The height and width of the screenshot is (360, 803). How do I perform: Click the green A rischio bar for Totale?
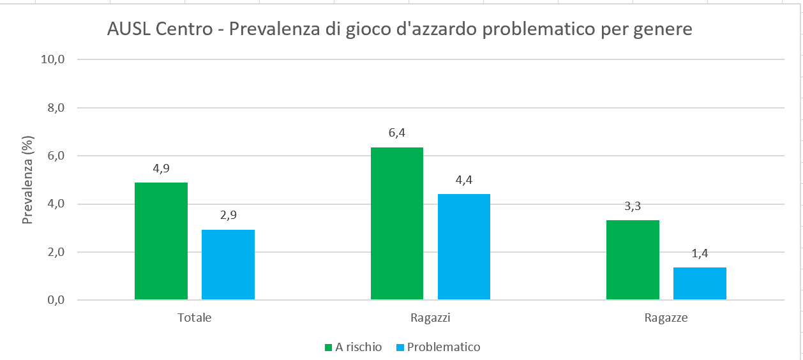[161, 241]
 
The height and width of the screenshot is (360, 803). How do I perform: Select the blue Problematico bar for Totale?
[228, 265]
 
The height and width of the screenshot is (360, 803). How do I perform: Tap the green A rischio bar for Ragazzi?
[396, 223]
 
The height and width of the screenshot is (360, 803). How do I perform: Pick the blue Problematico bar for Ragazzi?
[463, 247]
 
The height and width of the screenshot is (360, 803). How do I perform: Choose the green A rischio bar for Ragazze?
[633, 260]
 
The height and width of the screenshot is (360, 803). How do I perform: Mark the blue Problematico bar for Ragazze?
[700, 283]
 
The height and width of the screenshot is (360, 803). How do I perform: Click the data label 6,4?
[397, 133]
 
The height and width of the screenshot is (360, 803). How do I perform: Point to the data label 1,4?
[700, 253]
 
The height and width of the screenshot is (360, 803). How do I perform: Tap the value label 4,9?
[161, 169]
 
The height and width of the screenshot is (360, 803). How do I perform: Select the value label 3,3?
[633, 206]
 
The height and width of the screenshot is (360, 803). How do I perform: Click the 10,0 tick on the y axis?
[54, 60]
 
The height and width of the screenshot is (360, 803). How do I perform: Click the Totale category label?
[194, 317]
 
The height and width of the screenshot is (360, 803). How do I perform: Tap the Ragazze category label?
[666, 317]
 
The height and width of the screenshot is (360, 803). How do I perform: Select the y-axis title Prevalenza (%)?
[27, 179]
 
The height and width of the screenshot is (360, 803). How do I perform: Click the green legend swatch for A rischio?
[329, 348]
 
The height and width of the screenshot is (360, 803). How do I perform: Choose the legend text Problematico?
[444, 347]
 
